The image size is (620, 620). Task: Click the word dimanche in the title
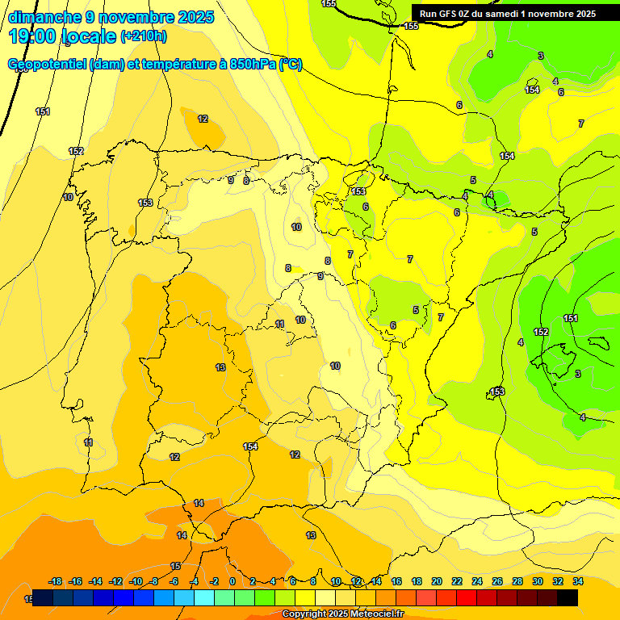pyautogui.click(x=44, y=17)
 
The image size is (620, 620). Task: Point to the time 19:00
pyautogui.click(x=34, y=36)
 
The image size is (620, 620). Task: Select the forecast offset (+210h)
pyautogui.click(x=144, y=36)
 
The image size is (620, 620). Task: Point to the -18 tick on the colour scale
pyautogui.click(x=56, y=581)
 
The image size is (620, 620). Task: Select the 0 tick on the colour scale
pyautogui.click(x=232, y=581)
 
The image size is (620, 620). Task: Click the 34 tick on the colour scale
pyautogui.click(x=578, y=581)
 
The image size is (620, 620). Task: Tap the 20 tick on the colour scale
pyautogui.click(x=437, y=581)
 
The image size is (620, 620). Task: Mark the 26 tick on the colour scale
pyautogui.click(x=497, y=581)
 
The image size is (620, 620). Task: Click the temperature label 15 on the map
pyautogui.click(x=175, y=566)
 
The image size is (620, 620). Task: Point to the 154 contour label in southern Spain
pyautogui.click(x=250, y=446)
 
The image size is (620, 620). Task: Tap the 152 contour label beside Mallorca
pyautogui.click(x=541, y=332)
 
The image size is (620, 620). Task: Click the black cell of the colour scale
pyautogui.click(x=568, y=597)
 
